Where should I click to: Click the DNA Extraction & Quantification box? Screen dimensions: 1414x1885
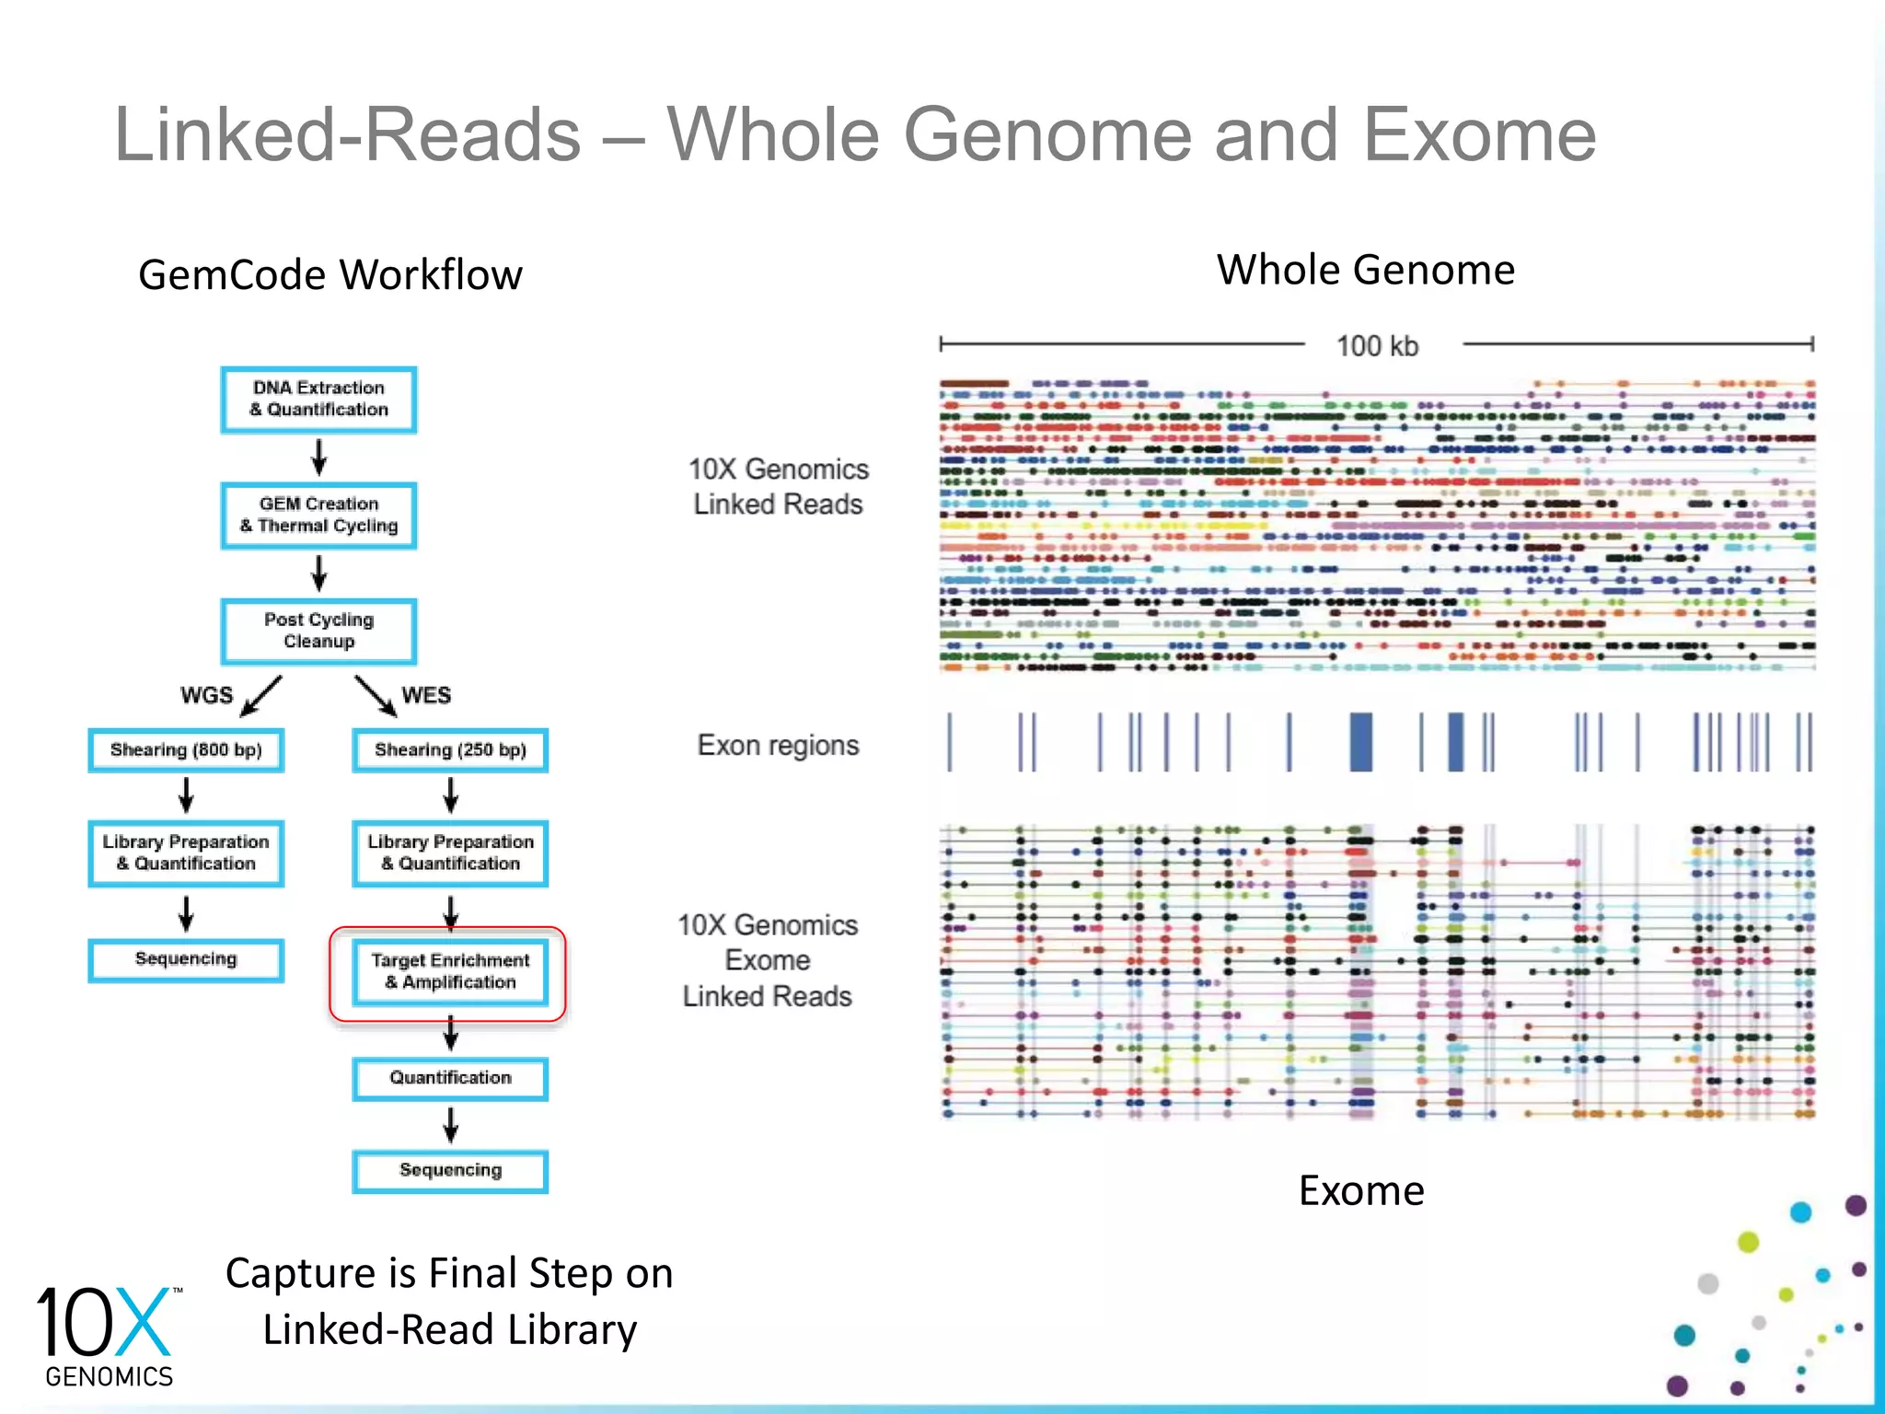click(318, 400)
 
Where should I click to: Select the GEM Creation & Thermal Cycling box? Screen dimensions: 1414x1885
click(318, 516)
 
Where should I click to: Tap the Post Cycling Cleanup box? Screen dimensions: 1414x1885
click(318, 632)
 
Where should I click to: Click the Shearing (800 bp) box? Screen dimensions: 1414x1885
click(186, 750)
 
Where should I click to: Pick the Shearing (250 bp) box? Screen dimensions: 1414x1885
click(450, 750)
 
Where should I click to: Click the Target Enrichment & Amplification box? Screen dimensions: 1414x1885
click(450, 972)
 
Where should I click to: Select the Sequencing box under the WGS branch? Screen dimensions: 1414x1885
click(186, 959)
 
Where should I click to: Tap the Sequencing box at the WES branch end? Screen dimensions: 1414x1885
click(450, 1171)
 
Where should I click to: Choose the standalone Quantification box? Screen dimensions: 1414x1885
click(450, 1078)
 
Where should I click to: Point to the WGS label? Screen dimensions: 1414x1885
click(206, 695)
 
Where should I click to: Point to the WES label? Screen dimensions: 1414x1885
click(426, 695)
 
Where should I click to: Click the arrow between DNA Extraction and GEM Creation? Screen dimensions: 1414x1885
click(318, 457)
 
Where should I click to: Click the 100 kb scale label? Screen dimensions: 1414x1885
click(1377, 346)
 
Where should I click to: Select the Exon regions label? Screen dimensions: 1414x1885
click(778, 745)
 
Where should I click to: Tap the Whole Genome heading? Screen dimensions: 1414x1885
click(1365, 270)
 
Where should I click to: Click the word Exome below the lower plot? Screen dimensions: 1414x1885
click(1360, 1190)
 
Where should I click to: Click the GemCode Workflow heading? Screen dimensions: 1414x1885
click(330, 274)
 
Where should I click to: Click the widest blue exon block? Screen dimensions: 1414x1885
click(1360, 742)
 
